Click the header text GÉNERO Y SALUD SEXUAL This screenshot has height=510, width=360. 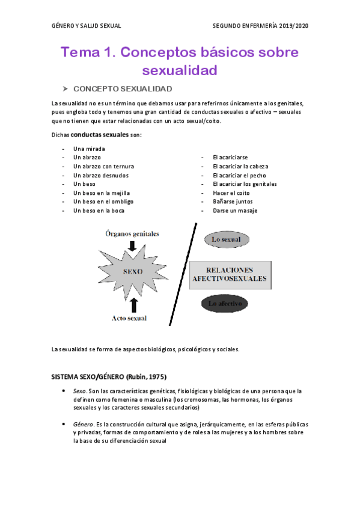coord(86,26)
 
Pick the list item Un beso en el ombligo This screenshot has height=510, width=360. coord(103,201)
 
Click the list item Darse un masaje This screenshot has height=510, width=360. coord(235,210)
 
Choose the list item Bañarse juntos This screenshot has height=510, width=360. coord(233,201)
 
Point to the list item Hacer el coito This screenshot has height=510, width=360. coord(231,192)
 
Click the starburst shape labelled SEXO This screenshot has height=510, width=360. coord(133,271)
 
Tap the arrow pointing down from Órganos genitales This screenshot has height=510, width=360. coord(133,245)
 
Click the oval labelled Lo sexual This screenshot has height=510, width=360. coord(226,239)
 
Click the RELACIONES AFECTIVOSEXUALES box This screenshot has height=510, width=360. coord(230,274)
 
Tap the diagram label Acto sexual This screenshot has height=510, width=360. coord(129,318)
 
